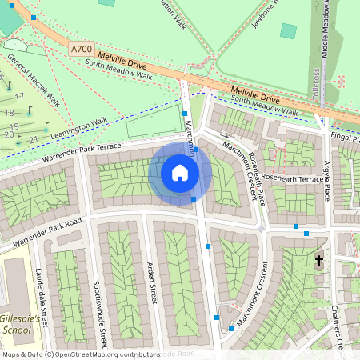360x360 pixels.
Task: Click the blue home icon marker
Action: click(180, 173)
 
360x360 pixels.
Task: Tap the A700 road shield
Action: click(82, 49)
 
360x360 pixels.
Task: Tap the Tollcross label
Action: click(317, 85)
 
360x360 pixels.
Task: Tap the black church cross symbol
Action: click(318, 261)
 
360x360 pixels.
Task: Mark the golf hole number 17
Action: click(20, 97)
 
